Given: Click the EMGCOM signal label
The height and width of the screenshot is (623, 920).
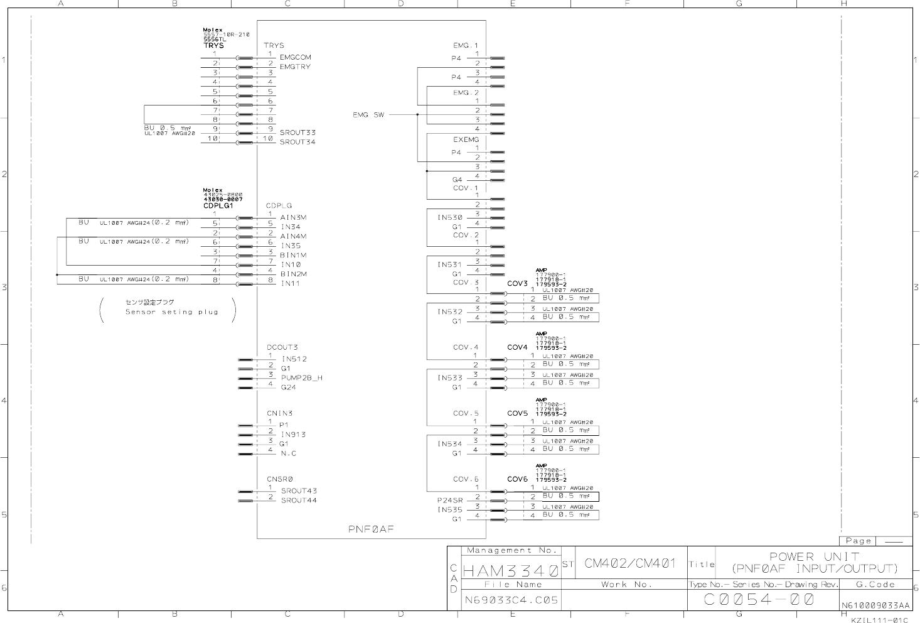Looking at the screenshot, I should click(x=295, y=57).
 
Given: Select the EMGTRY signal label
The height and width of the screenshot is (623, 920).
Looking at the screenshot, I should click(x=295, y=67).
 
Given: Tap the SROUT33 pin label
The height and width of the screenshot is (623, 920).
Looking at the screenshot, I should click(x=297, y=133).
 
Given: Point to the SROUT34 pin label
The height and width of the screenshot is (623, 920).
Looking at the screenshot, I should click(x=297, y=142).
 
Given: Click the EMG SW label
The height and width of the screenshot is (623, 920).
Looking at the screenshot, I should click(x=368, y=115).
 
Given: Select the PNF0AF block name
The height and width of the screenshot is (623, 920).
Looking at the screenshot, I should click(x=371, y=529).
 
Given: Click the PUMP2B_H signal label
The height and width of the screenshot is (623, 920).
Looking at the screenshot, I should click(x=302, y=378).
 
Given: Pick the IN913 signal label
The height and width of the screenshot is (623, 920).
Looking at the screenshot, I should click(x=293, y=435).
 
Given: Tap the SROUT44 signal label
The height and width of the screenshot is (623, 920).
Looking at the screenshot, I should click(x=299, y=501).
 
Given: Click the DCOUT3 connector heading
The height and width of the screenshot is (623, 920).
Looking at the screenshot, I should click(x=282, y=347).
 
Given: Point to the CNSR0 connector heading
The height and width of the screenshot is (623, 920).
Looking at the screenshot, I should click(x=279, y=479).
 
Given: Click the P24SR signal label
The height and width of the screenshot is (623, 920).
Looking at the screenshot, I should click(x=449, y=501).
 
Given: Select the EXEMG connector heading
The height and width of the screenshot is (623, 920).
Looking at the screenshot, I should click(x=466, y=139).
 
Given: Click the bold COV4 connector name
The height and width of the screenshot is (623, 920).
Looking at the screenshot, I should click(x=517, y=347).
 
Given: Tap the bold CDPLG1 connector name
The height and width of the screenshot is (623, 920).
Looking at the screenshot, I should click(x=218, y=206).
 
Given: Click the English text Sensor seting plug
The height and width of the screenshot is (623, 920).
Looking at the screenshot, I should click(x=171, y=312).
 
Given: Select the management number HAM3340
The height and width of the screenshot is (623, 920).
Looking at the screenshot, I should click(x=510, y=572).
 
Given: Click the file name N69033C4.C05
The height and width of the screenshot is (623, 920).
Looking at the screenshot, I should click(x=511, y=600).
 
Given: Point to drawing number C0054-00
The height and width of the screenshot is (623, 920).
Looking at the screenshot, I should click(x=759, y=599).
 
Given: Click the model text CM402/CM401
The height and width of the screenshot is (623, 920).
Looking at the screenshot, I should click(x=629, y=563).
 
